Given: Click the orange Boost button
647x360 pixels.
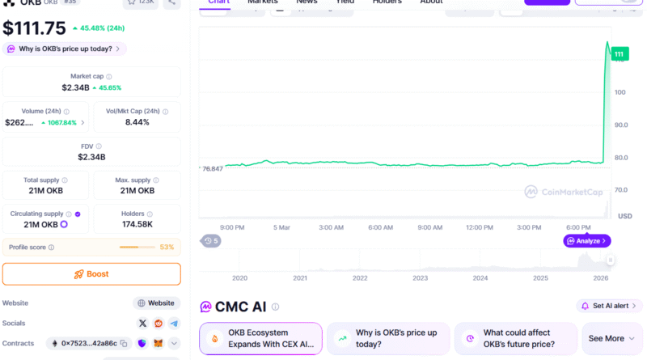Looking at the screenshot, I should click(x=91, y=274).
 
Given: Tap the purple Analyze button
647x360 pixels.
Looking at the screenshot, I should click(x=586, y=241).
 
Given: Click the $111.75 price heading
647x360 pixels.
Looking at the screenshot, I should click(x=34, y=28).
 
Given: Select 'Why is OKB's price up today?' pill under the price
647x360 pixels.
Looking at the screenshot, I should click(x=65, y=49).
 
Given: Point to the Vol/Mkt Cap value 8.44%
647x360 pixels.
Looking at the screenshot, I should click(x=138, y=122).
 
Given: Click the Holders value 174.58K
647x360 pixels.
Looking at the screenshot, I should click(x=138, y=224).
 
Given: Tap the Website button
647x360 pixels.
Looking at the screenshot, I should click(x=156, y=303).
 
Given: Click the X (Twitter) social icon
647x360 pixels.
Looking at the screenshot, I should click(x=143, y=324).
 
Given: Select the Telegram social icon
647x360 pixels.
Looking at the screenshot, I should click(x=173, y=324).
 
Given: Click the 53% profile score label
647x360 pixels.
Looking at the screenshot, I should click(x=167, y=247).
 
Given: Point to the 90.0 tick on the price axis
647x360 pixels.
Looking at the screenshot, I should click(x=621, y=125).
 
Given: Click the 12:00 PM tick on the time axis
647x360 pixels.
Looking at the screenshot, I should click(x=480, y=227).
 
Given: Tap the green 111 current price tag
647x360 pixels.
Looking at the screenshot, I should click(x=619, y=54).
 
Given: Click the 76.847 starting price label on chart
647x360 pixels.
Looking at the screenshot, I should click(x=212, y=168).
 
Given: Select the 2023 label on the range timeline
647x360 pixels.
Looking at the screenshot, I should click(x=420, y=277).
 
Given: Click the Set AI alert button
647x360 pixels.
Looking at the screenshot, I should click(x=610, y=306).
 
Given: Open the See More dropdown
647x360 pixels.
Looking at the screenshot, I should click(x=612, y=338).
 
